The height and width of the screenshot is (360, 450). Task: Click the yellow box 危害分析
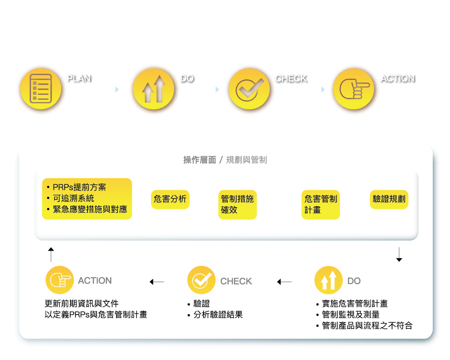coord(170,199)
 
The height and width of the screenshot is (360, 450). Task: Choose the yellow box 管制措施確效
coord(237,204)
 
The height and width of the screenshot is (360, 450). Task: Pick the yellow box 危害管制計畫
coord(321,204)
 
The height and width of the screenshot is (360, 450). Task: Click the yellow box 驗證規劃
coord(389,199)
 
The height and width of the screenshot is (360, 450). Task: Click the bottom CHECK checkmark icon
coord(201,280)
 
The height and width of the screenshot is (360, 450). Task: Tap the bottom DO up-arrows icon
coord(328,280)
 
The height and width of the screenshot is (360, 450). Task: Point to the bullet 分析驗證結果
coord(218,315)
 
